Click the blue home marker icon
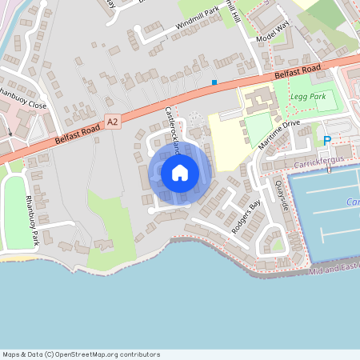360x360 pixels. [179, 172]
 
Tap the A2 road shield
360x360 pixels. [112, 122]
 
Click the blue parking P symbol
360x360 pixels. [327, 141]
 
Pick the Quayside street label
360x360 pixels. [282, 194]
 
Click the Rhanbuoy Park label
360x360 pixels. [31, 220]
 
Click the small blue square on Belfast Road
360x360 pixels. [214, 82]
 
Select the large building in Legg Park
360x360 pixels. [260, 101]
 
